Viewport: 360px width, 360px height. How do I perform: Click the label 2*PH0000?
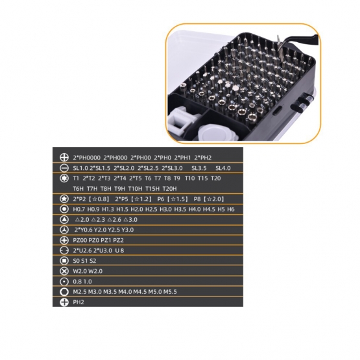(86, 158)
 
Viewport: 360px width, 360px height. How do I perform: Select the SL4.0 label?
(223, 168)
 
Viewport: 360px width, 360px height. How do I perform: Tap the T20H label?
(170, 189)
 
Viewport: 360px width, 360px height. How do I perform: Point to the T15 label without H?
(203, 178)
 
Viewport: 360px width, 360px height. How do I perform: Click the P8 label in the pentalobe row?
(197, 199)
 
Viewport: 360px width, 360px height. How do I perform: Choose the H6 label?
(231, 209)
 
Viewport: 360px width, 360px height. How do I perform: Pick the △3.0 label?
(130, 220)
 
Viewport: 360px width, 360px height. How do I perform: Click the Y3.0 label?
(127, 230)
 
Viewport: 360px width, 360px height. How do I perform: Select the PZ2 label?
(119, 240)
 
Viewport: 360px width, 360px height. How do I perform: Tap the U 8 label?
(119, 250)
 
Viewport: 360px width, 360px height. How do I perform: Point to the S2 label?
(93, 261)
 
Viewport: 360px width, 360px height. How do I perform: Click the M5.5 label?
(170, 292)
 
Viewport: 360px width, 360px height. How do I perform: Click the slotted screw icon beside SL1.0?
(64, 168)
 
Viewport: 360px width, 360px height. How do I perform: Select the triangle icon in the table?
(64, 219)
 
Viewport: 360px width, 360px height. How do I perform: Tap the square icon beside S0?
(64, 261)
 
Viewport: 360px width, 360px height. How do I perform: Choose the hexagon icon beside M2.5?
(64, 292)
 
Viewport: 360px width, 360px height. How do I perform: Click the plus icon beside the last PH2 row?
(64, 302)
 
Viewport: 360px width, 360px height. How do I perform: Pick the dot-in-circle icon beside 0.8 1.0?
(64, 282)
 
